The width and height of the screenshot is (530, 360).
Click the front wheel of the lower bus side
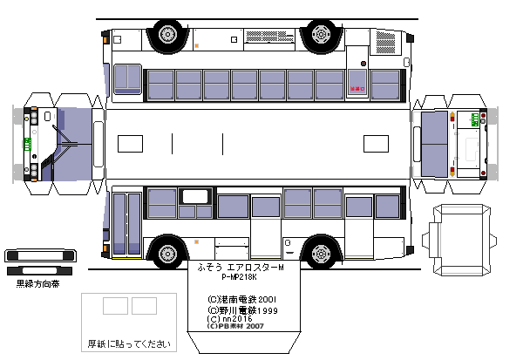point(166,253)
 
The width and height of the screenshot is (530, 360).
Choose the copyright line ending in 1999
point(242,309)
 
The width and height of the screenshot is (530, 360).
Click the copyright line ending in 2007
point(241,328)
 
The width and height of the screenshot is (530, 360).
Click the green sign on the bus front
point(29,143)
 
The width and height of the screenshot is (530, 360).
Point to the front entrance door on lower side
point(126,225)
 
